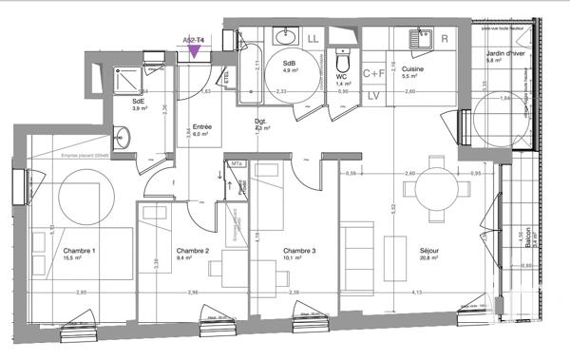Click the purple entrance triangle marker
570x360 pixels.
tap(194, 51)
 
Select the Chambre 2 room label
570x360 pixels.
tap(192, 252)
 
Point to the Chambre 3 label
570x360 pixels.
tap(299, 252)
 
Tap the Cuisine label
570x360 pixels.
tap(412, 68)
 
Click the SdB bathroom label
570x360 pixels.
tap(287, 62)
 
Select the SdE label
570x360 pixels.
tap(139, 102)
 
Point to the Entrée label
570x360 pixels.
tap(202, 127)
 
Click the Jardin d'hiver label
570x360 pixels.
tap(505, 54)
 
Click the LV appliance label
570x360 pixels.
tap(373, 96)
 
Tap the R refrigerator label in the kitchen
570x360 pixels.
tap(445, 39)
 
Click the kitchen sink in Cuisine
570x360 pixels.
tap(418, 39)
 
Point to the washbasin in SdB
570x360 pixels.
tap(285, 39)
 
